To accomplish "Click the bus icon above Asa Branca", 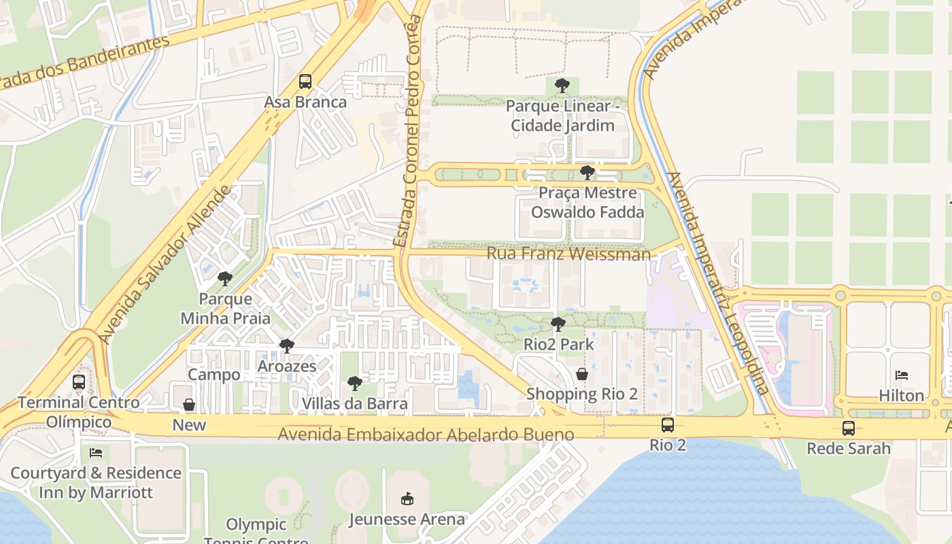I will (x=305, y=82).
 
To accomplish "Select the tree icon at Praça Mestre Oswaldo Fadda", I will (x=588, y=173).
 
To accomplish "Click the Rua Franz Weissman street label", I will (x=568, y=254).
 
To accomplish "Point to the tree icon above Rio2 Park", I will (x=558, y=324).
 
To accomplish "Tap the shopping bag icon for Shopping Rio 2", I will (x=582, y=374).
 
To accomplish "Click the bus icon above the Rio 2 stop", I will (x=668, y=425).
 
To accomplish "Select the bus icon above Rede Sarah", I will (x=849, y=428).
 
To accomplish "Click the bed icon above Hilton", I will (x=902, y=375).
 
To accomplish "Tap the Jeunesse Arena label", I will (x=407, y=520).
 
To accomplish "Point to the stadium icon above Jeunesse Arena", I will (x=407, y=499).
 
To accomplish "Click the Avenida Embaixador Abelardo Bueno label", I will (x=426, y=435).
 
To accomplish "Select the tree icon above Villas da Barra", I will (x=354, y=384).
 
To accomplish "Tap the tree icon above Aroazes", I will (x=287, y=346).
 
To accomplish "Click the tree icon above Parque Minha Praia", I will (x=225, y=278).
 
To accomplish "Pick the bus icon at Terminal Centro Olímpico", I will (x=79, y=382).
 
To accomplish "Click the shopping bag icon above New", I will (x=189, y=405).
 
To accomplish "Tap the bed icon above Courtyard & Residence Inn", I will (x=96, y=453).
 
